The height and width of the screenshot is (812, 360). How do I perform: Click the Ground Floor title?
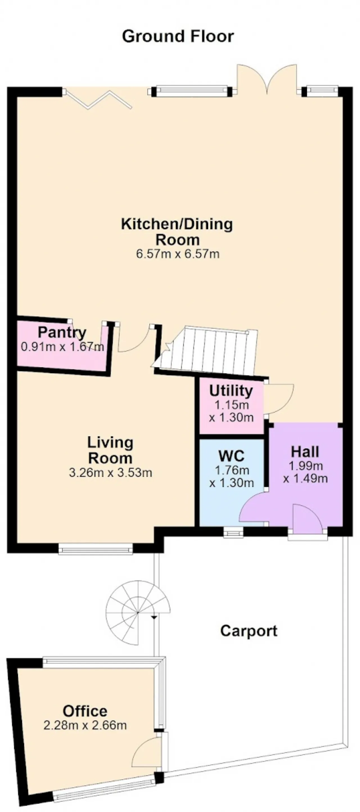[178, 36]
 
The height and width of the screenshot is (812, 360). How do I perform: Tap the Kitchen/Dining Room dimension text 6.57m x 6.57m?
[178, 254]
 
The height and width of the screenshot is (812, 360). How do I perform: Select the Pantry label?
[62, 332]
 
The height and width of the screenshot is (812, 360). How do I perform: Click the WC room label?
[231, 456]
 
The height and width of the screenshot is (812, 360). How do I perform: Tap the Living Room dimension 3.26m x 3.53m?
[110, 473]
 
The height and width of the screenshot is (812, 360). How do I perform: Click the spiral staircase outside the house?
[138, 613]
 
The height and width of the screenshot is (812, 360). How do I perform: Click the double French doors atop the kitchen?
[267, 79]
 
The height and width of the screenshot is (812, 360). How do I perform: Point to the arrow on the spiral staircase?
[154, 617]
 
